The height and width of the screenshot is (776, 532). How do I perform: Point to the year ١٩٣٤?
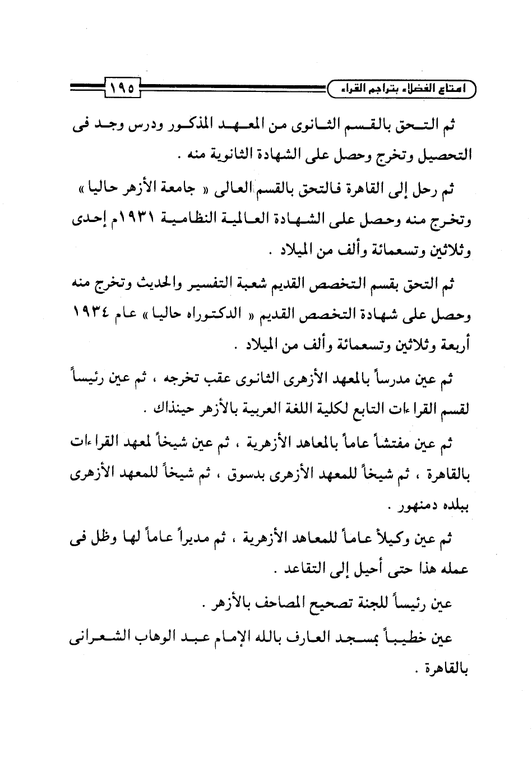92,316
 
